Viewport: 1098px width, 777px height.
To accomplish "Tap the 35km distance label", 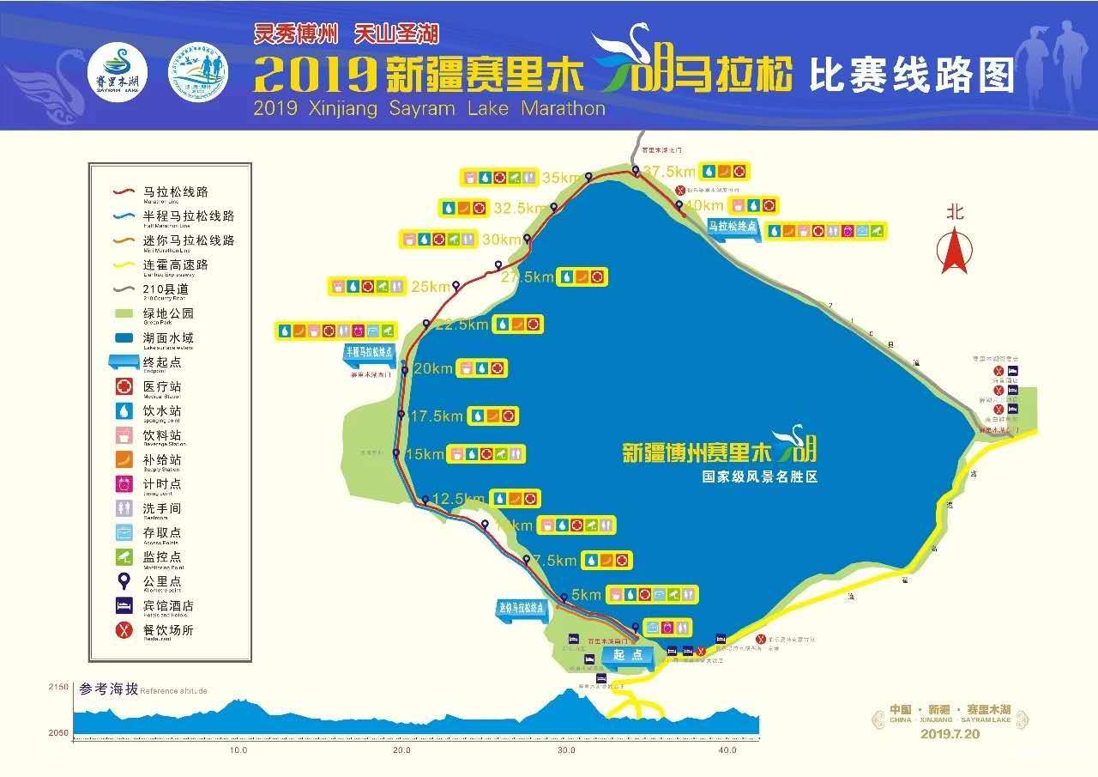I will pos(562,178).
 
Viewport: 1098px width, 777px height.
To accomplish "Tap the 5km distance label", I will pos(587,594).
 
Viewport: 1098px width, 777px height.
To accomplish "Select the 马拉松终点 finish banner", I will pos(733,227).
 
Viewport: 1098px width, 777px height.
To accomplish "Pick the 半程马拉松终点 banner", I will pos(369,352).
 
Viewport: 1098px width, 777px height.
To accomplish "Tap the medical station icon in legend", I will pos(124,387).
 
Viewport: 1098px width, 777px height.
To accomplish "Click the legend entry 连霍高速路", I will pos(176,265).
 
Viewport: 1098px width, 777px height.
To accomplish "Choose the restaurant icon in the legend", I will pos(124,630).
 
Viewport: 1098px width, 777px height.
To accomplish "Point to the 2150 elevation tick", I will pos(58,687).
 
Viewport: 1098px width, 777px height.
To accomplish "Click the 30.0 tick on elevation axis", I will pos(565,750).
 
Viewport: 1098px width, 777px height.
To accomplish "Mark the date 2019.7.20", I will pos(950,733).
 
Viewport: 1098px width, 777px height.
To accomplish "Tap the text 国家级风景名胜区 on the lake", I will pos(759,477).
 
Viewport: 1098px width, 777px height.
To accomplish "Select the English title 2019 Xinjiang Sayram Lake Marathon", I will pos(430,109).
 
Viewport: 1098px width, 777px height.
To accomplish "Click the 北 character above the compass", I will pos(955,211).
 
